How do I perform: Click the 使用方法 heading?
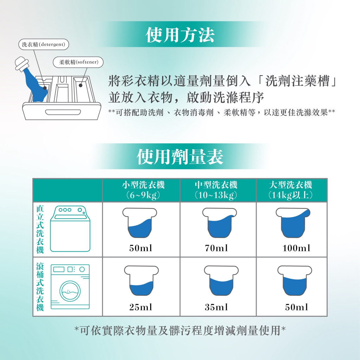point(180,35)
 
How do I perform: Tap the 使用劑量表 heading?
point(180,157)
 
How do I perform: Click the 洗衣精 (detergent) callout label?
point(44,44)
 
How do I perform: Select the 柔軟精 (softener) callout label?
point(78,62)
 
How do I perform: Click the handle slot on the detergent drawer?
point(63,112)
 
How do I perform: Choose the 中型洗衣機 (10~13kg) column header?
point(216,190)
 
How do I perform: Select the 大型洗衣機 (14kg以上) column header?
point(290,190)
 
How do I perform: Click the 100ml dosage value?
point(296,248)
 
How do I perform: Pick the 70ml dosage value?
point(216,248)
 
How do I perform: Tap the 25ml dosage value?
point(141,307)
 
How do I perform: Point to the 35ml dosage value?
point(216,307)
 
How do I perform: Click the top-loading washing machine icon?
point(70,229)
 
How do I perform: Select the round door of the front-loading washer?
point(70,291)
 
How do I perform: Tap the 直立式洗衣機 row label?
point(40,229)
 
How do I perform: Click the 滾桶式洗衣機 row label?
point(40,287)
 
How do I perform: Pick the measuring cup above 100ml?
point(293,223)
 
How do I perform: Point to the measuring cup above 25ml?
point(141,281)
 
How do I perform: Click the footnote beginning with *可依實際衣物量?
point(180,330)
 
